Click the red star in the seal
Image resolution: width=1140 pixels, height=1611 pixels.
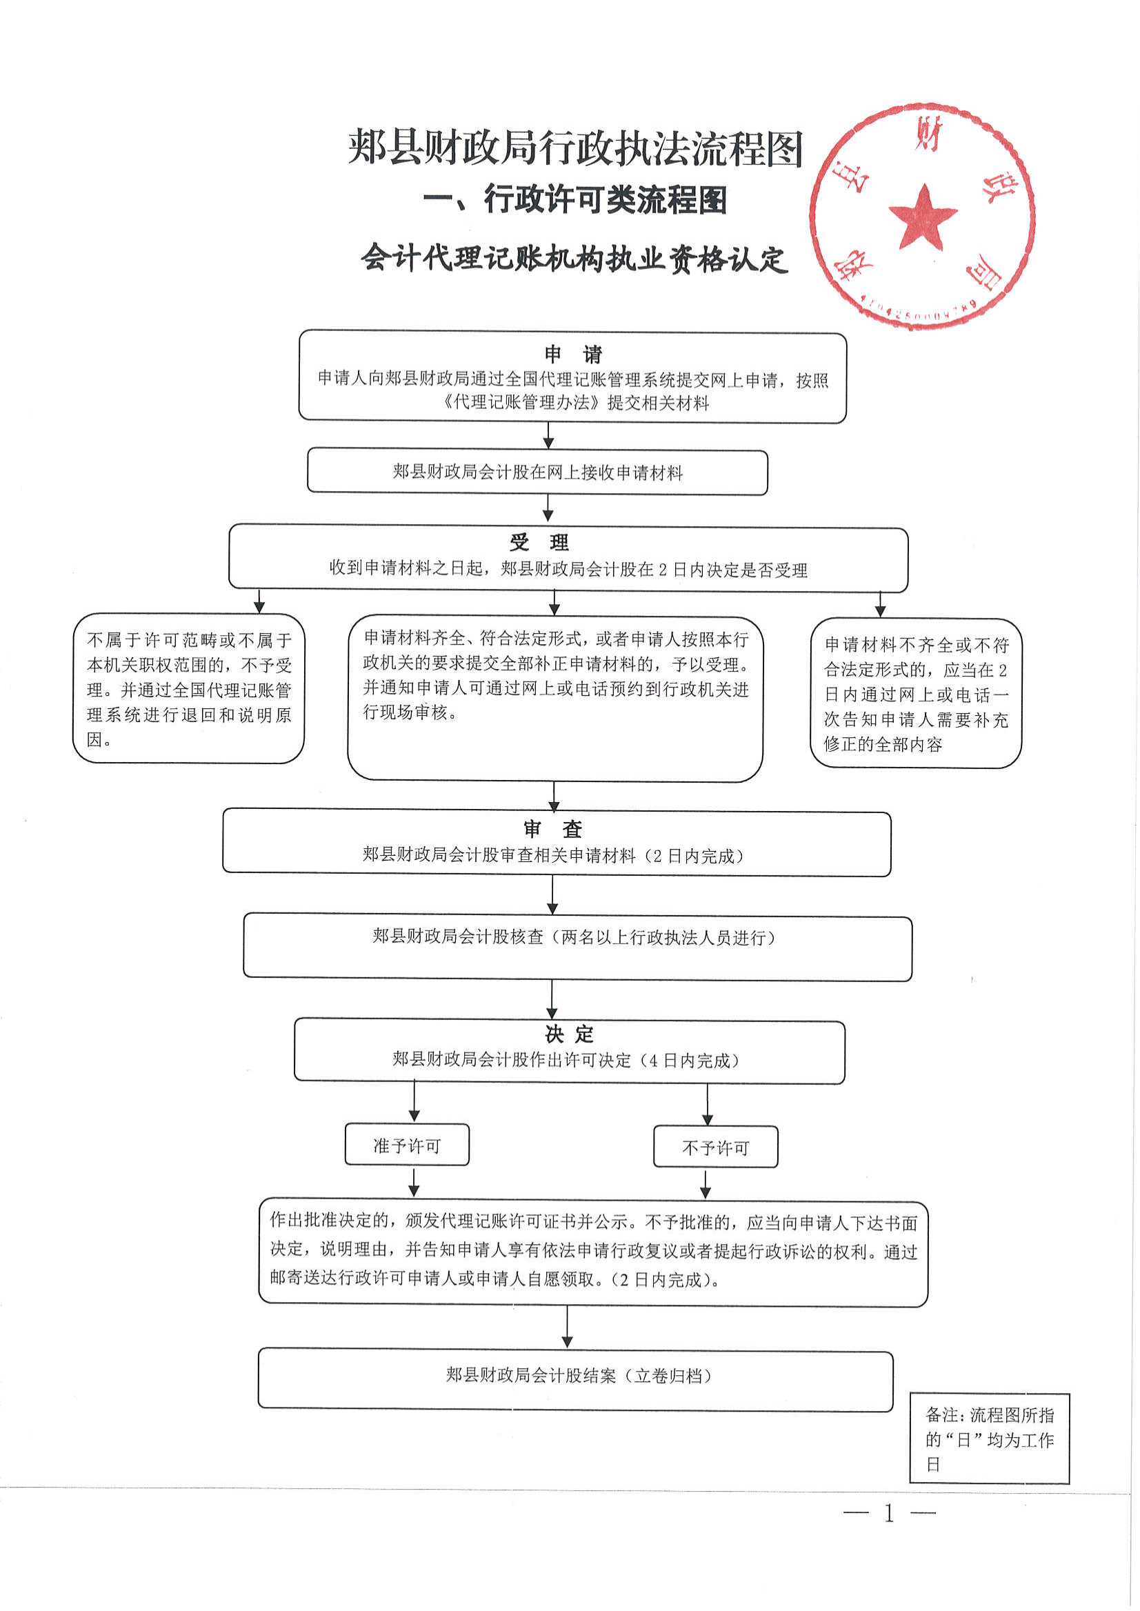[x=922, y=217]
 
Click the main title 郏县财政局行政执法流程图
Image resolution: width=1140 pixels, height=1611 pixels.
[x=575, y=148]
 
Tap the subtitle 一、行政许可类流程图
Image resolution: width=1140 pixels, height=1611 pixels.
[x=575, y=200]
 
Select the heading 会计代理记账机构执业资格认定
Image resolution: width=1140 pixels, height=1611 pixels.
[x=574, y=259]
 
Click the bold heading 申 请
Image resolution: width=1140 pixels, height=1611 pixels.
[x=573, y=354]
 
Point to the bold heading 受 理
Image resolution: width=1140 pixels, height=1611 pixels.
[x=539, y=543]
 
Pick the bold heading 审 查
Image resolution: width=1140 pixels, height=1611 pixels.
[x=553, y=830]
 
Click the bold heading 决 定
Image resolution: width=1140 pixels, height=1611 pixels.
[x=568, y=1034]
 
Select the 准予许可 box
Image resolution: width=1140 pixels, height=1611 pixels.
[x=406, y=1146]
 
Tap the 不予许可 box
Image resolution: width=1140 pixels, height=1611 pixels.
[x=715, y=1148]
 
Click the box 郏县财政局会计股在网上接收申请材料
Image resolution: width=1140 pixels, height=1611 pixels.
[x=538, y=472]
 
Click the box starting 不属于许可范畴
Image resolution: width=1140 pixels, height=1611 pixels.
[x=188, y=689]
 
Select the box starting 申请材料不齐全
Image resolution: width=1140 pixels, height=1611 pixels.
[x=915, y=694]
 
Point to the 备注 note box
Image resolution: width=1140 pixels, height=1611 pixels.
[x=989, y=1439]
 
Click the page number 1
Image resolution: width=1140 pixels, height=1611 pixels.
[x=890, y=1514]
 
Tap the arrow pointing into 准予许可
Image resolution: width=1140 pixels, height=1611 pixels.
[x=414, y=1102]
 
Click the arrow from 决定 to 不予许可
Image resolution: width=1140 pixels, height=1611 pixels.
[x=707, y=1105]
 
